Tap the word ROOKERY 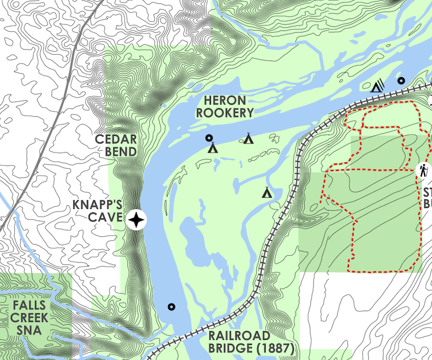click(225, 113)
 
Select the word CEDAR click(116, 139)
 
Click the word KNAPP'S click(97, 205)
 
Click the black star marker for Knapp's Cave click(137, 219)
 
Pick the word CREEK click(29, 318)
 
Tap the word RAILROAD click(239, 336)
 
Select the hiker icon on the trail click(423, 170)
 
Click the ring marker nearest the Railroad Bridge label click(171, 306)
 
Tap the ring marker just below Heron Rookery click(209, 138)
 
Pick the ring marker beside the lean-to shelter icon click(401, 81)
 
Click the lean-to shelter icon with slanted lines click(377, 86)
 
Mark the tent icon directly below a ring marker click(213, 148)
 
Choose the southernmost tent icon click(267, 192)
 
